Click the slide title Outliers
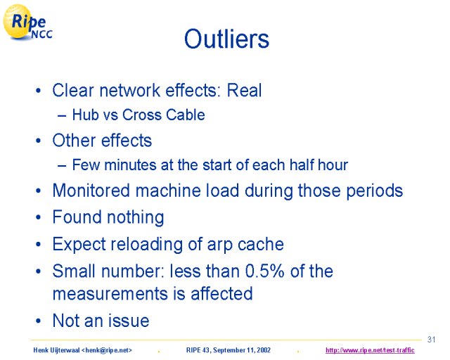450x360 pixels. [x=226, y=39]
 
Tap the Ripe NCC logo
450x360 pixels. [x=27, y=22]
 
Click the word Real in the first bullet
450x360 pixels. [x=244, y=91]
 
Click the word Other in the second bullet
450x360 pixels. [x=74, y=141]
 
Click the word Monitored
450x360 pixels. [x=91, y=191]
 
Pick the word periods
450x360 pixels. [x=375, y=191]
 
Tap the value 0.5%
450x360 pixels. [x=265, y=271]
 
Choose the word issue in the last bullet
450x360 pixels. [x=128, y=320]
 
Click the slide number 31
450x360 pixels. [x=431, y=340]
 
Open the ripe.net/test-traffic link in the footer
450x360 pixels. [x=370, y=350]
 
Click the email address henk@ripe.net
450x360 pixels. [x=107, y=350]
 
